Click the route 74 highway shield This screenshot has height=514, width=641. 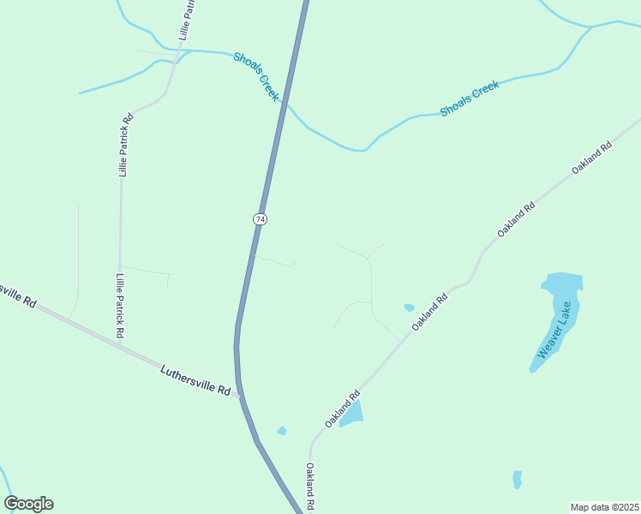(x=260, y=219)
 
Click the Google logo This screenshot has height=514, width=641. (x=28, y=504)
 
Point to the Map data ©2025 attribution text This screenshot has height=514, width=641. (x=604, y=507)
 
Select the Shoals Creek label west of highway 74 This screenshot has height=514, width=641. (x=257, y=76)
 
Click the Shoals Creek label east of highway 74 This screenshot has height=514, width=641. (x=469, y=99)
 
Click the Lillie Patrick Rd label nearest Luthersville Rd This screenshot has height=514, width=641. (x=121, y=305)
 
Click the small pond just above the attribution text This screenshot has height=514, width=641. (x=517, y=479)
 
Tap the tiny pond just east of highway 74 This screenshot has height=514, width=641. (x=282, y=430)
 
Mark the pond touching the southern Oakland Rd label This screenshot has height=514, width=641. (x=352, y=414)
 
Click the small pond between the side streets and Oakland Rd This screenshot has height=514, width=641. (x=409, y=308)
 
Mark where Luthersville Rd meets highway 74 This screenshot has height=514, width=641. (x=239, y=397)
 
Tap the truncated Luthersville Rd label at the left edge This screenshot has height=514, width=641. (x=18, y=296)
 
